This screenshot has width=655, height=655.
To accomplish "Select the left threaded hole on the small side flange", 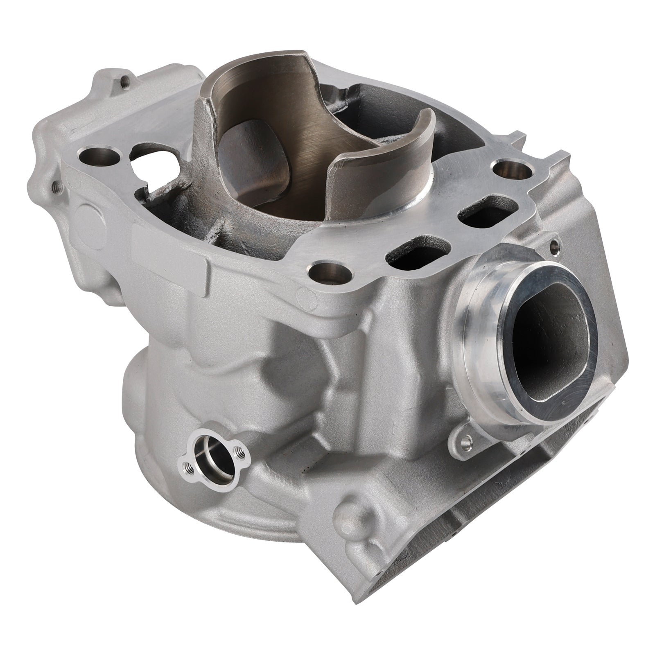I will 185,476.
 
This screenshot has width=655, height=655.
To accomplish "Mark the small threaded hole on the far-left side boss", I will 56,187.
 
